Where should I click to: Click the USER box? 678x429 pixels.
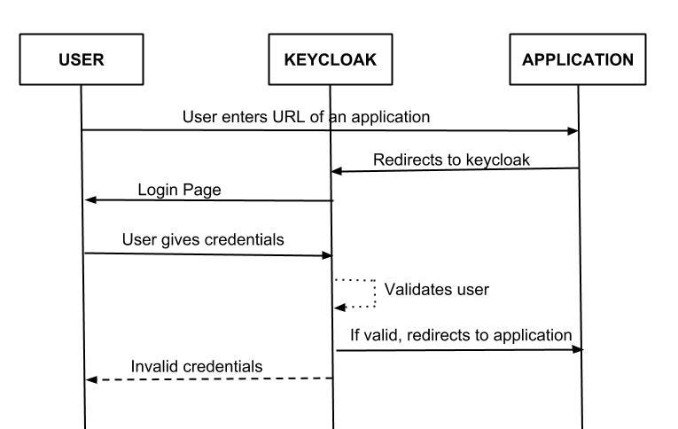coord(81,60)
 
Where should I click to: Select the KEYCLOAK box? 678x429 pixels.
coord(330,60)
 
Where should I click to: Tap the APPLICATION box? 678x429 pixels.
coord(578,60)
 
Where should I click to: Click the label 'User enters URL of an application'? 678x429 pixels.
coord(307,117)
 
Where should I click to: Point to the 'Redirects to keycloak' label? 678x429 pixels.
coord(452,160)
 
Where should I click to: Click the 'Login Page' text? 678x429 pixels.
coord(179,190)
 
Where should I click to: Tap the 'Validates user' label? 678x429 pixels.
coord(436,290)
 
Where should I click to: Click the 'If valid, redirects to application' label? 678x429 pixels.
coord(459,335)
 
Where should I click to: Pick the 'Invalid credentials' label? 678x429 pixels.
coord(197,366)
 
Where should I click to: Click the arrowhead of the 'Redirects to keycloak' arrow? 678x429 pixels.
coord(337,170)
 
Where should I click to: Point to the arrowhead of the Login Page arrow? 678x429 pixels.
coord(90,200)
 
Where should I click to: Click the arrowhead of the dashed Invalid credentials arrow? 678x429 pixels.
coord(90,379)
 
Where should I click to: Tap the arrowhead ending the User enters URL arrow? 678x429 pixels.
coord(573,131)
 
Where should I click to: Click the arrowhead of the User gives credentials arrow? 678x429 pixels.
coord(325,255)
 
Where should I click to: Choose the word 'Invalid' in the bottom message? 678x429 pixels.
coord(154,366)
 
